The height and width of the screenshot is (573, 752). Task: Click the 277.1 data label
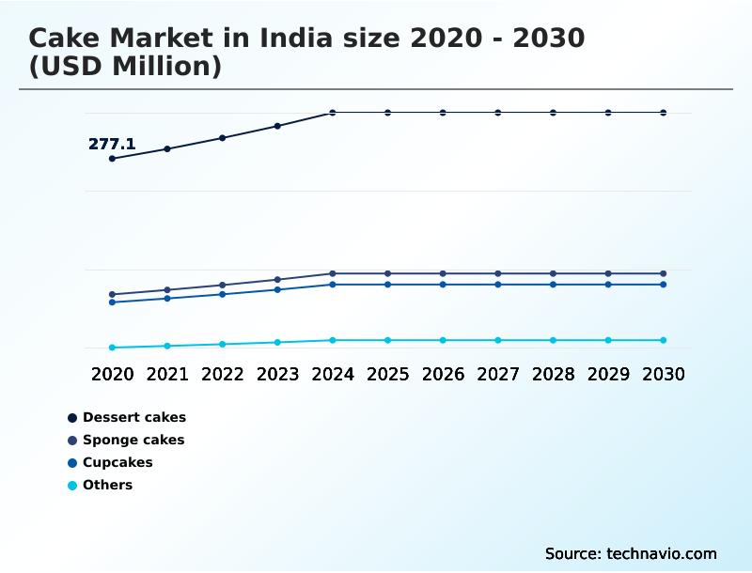pyautogui.click(x=112, y=144)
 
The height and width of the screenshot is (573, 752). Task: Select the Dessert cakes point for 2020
pyautogui.click(x=112, y=159)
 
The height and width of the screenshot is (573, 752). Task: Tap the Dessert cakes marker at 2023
pyautogui.click(x=277, y=126)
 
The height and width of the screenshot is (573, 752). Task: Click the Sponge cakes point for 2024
pyautogui.click(x=333, y=273)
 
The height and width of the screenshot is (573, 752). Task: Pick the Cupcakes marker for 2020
pyautogui.click(x=112, y=302)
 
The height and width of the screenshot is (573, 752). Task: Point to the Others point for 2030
pyautogui.click(x=663, y=340)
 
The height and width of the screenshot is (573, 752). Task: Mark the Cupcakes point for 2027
pyautogui.click(x=498, y=285)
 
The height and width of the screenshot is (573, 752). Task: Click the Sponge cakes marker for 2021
pyautogui.click(x=167, y=290)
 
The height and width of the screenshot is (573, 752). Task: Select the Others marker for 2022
pyautogui.click(x=223, y=344)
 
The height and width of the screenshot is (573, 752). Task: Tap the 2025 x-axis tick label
pyautogui.click(x=387, y=374)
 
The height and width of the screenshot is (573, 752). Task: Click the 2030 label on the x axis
pyautogui.click(x=663, y=374)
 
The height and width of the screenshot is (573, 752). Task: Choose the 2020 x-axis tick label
pyautogui.click(x=112, y=374)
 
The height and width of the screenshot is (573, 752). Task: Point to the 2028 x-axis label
pyautogui.click(x=553, y=374)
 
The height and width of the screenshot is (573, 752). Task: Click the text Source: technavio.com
pyautogui.click(x=631, y=553)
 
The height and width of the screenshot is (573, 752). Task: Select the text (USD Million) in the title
pyautogui.click(x=125, y=67)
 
